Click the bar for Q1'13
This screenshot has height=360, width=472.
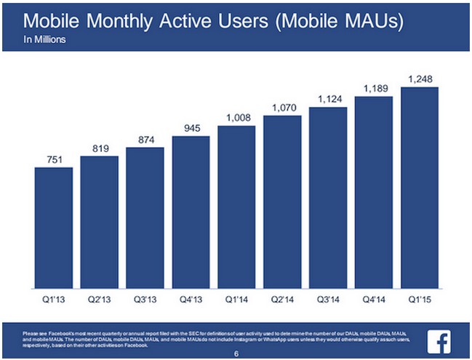coord(54,225)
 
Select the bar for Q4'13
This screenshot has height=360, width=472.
coord(191,210)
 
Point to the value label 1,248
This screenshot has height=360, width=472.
coord(420,78)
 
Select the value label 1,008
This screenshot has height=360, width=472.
coord(237,117)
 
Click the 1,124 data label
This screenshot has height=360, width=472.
coord(329,98)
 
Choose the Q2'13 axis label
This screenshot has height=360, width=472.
coord(100,297)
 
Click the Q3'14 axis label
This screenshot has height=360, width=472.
coord(329,297)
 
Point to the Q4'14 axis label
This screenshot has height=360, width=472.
coord(375,297)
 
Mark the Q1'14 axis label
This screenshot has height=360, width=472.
coord(237,297)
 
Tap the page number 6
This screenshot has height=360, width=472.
coord(236,354)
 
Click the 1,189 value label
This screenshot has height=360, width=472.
coord(375,88)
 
